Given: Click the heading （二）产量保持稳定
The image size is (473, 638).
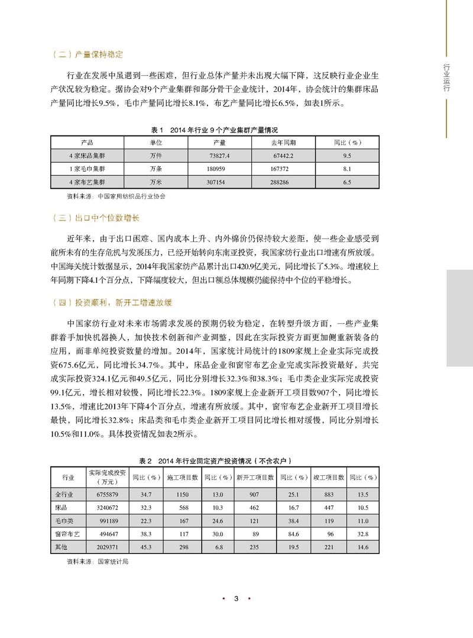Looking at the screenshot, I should tap(87, 54).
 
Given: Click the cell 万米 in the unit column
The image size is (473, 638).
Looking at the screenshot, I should tap(155, 182).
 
